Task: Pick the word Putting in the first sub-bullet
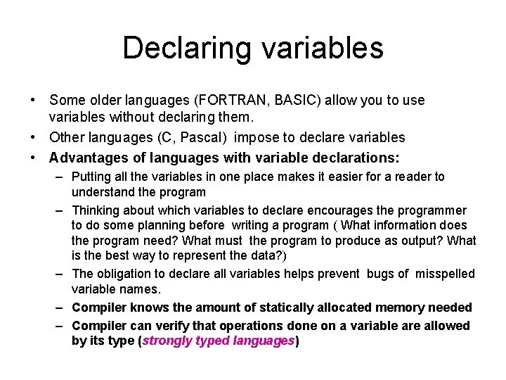91,177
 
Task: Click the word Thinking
96,210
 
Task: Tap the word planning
167,225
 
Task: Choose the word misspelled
444,274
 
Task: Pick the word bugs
380,274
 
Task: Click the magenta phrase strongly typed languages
219,341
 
